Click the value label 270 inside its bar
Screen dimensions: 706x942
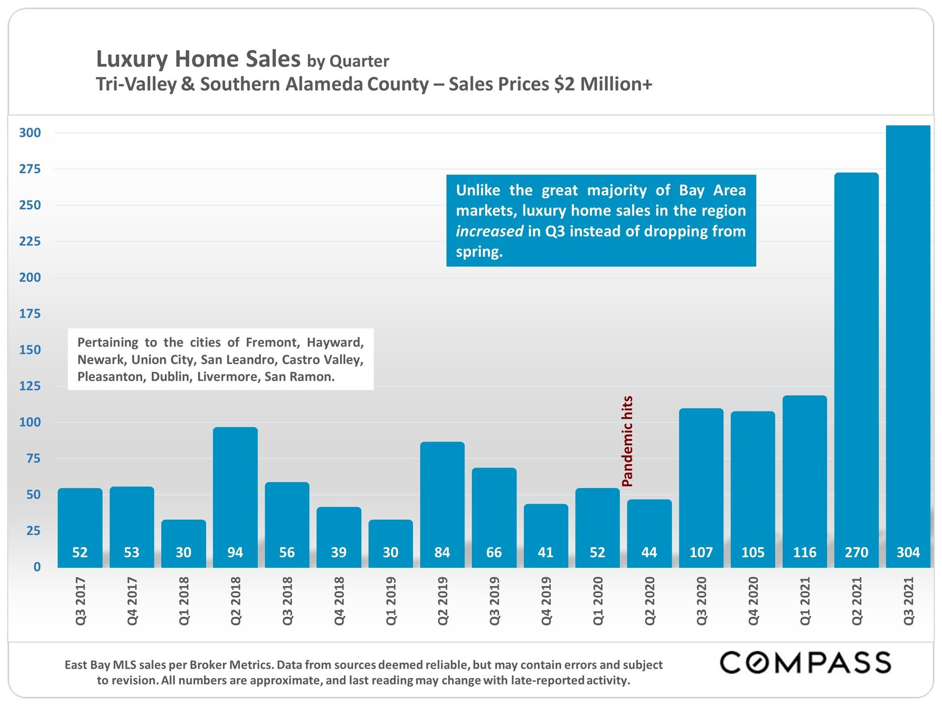(856, 553)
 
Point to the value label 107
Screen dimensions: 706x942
(701, 553)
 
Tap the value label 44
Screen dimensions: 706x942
(649, 553)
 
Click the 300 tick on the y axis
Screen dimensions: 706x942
(30, 133)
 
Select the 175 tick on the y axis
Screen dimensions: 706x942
(30, 314)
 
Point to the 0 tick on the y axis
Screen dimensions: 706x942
(37, 567)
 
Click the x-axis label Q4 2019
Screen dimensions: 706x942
(546, 601)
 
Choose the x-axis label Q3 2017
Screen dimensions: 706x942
(80, 601)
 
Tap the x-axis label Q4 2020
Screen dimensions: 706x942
(753, 601)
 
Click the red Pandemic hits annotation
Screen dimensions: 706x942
(627, 441)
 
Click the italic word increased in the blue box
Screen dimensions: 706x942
(489, 231)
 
